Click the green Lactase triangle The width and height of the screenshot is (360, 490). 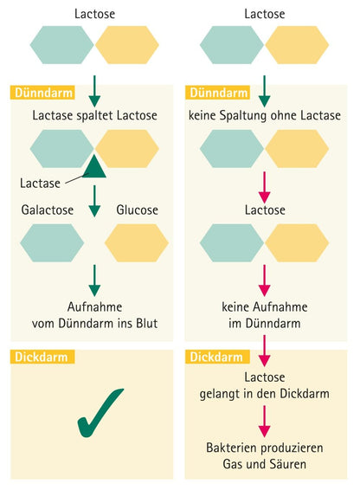[94, 168]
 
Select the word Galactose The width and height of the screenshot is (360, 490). [48, 210]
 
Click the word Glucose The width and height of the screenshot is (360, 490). [138, 210]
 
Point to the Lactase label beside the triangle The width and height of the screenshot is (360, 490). [40, 184]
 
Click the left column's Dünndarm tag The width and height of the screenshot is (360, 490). [42, 93]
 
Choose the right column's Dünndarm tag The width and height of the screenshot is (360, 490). [218, 93]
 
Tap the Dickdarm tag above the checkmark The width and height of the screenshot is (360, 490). [42, 357]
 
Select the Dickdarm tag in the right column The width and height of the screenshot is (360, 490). [218, 357]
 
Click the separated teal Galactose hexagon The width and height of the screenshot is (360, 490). [52, 242]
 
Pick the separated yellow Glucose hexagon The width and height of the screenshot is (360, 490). [137, 242]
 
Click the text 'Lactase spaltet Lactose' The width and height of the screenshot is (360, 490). [94, 116]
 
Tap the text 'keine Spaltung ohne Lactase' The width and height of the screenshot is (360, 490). [265, 116]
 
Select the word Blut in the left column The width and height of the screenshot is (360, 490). [147, 323]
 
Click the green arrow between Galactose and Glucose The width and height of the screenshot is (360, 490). [94, 201]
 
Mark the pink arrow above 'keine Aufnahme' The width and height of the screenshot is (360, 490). [265, 280]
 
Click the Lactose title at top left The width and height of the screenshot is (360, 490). [94, 14]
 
